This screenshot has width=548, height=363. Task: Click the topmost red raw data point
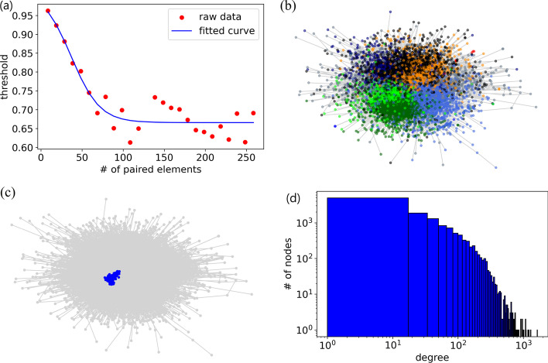(48, 12)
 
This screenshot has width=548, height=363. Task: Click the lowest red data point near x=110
(130, 142)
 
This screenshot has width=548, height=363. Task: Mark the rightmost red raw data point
(253, 113)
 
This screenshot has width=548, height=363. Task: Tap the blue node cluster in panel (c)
(113, 277)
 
